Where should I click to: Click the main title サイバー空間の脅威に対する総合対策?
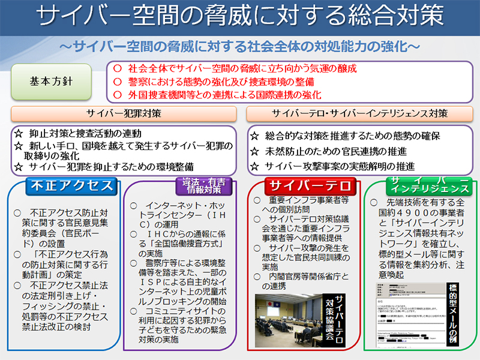tap(239, 17)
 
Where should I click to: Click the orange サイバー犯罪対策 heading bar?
tap(123, 113)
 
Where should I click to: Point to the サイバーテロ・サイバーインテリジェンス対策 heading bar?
tap(359, 113)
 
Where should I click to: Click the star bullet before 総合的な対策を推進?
tap(254, 136)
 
